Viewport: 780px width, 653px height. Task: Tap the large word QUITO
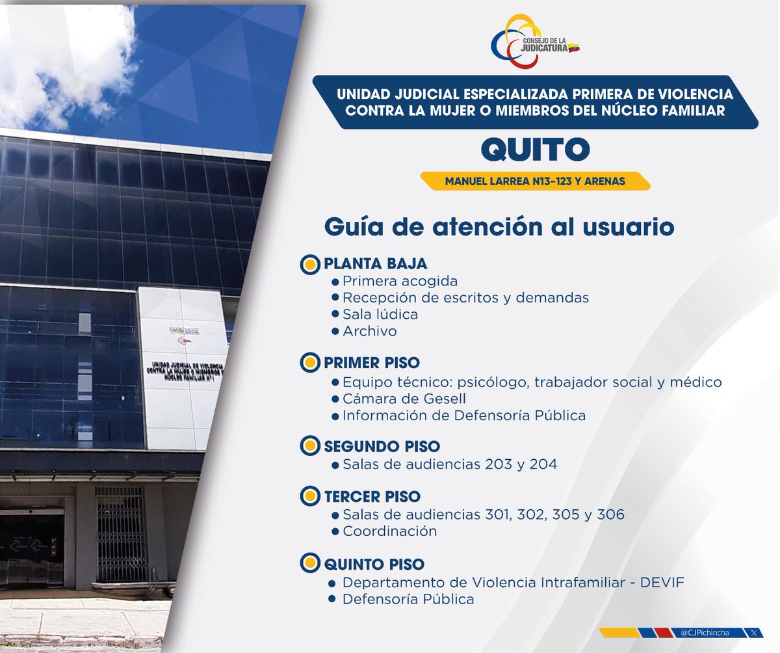535,150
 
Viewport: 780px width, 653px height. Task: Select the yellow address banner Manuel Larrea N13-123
535,181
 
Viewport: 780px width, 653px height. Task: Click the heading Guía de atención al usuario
499,227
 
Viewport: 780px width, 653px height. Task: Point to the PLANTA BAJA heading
375,264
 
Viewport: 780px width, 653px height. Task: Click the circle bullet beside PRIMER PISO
311,362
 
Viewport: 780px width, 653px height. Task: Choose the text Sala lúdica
380,314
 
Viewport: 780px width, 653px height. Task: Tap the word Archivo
369,331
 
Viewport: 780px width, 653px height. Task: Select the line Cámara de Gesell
404,399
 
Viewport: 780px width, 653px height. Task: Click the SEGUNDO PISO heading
382,447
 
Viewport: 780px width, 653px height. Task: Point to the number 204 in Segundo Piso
543,464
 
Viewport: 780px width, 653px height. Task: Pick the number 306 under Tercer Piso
610,514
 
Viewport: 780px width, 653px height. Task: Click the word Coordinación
389,531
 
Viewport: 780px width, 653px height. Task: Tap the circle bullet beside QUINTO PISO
311,563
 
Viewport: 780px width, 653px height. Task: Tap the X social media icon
753,632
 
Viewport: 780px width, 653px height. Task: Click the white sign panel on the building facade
183,367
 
